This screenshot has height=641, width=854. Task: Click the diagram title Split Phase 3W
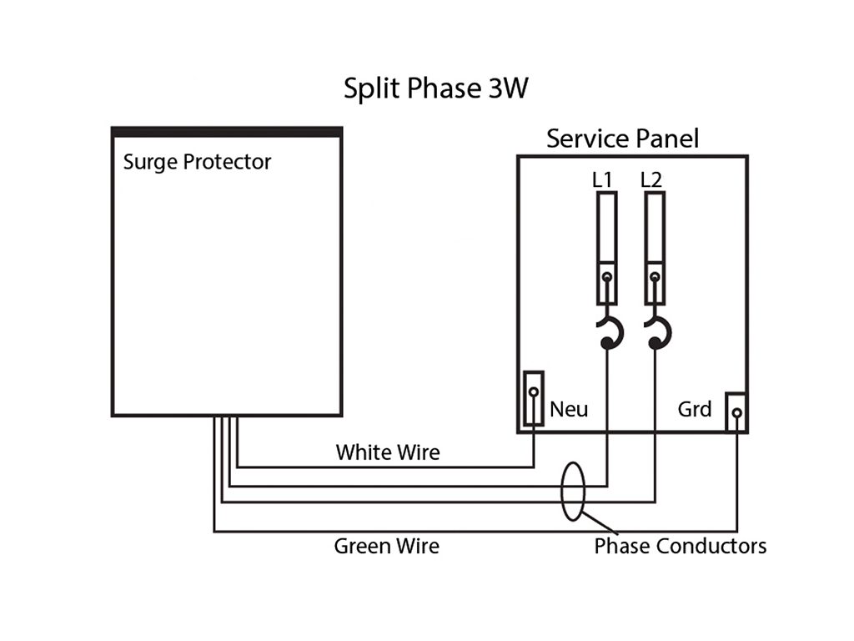435,88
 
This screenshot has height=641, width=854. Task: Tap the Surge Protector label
197,163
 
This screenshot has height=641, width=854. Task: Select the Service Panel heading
622,139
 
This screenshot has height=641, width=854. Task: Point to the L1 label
602,179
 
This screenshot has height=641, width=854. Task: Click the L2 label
651,179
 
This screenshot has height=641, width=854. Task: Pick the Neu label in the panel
569,409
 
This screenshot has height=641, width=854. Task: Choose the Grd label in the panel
695,409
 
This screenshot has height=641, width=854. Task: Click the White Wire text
388,452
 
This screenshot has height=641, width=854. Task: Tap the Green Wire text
387,546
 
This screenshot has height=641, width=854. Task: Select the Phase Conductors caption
681,546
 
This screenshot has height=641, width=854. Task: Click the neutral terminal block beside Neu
534,398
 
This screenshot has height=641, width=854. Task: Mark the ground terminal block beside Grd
736,412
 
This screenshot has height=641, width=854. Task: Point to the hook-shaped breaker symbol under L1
610,332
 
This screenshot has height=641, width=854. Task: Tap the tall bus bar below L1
607,248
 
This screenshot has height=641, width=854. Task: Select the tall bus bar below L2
655,248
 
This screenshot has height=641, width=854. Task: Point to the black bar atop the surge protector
227,132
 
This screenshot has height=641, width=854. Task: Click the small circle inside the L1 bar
607,277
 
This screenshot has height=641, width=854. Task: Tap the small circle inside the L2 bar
655,277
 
